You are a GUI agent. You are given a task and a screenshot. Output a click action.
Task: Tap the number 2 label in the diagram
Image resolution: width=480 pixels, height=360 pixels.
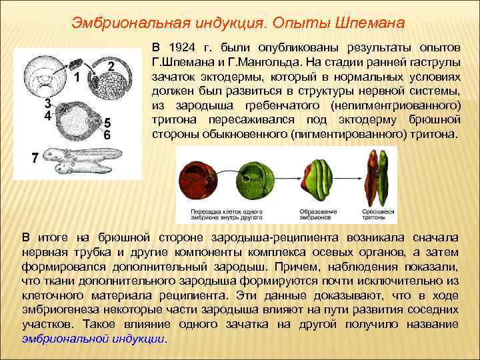[111, 65]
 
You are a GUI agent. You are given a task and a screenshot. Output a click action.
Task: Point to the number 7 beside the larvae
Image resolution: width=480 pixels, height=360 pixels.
[35, 158]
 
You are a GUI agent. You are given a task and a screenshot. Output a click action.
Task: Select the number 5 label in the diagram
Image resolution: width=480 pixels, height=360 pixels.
[107, 123]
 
